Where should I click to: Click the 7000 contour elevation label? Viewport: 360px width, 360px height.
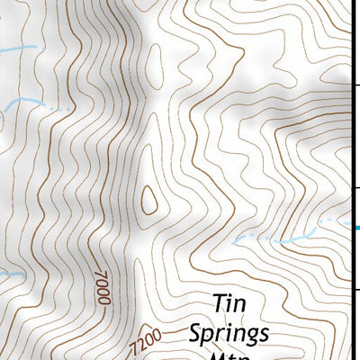pyautogui.click(x=102, y=289)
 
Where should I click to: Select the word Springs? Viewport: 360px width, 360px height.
pyautogui.click(x=229, y=333)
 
